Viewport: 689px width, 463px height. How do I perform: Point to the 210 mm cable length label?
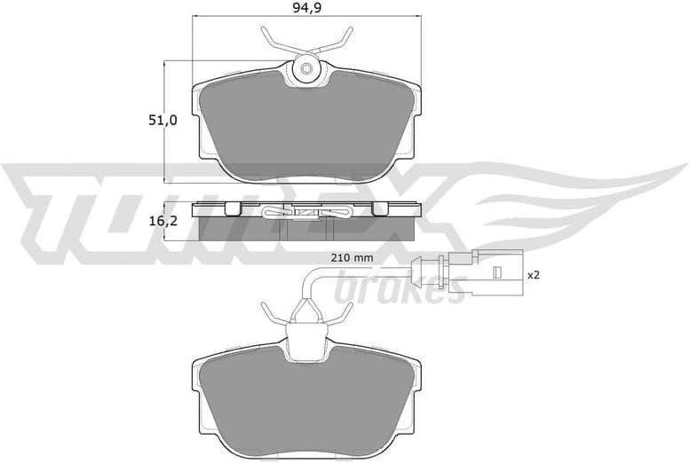[349, 258]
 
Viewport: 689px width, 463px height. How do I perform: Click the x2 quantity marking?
[533, 275]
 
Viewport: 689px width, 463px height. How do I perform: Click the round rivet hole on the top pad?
[307, 69]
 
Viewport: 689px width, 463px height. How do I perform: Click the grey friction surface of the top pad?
[308, 124]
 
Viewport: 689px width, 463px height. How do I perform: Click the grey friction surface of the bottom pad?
[308, 399]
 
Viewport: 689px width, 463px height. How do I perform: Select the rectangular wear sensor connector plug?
[485, 275]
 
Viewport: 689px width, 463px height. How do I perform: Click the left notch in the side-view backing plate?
[233, 209]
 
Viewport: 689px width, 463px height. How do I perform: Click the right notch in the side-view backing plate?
[379, 209]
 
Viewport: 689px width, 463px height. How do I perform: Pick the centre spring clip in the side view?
[306, 212]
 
